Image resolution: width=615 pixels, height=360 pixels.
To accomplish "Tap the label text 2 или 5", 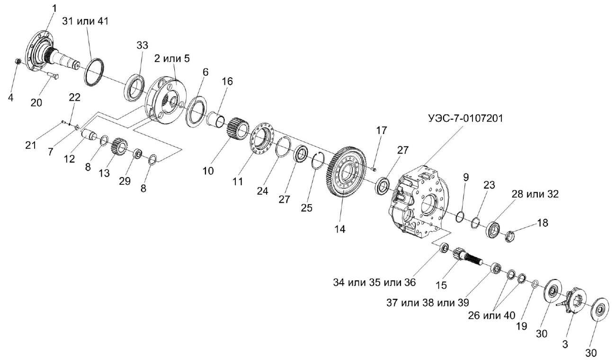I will (x=171, y=58).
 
